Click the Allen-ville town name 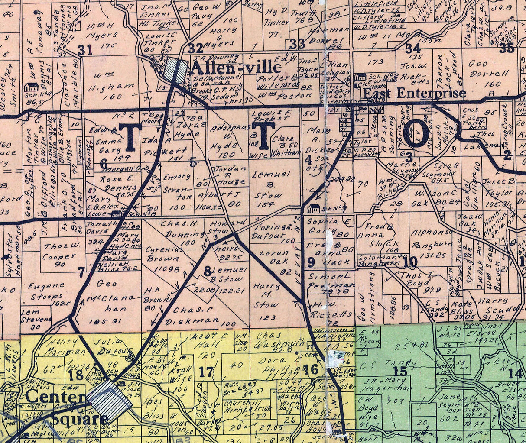tap(236, 68)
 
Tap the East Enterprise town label tap(414, 93)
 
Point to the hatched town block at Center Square tap(110, 401)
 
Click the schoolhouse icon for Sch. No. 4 tap(31, 87)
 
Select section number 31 tap(85, 50)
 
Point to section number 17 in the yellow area tap(206, 371)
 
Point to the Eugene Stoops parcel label tap(48, 291)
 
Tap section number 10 tap(409, 262)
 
